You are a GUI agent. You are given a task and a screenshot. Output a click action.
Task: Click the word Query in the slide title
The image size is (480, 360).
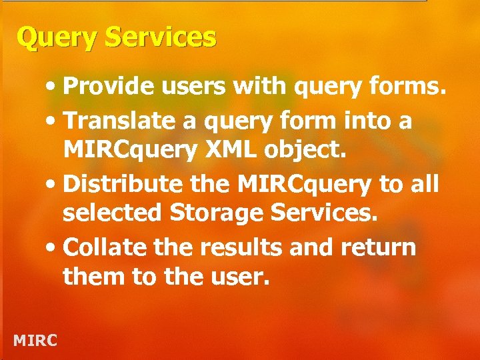pos(49,38)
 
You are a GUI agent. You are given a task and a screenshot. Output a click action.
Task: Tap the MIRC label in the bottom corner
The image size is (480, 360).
pos(35,341)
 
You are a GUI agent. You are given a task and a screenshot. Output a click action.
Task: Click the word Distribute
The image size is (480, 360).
pos(123,183)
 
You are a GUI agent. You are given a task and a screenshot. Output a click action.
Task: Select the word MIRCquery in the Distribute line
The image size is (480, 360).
pos(292,183)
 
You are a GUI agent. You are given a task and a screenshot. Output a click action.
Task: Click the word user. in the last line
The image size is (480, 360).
pos(239,277)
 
